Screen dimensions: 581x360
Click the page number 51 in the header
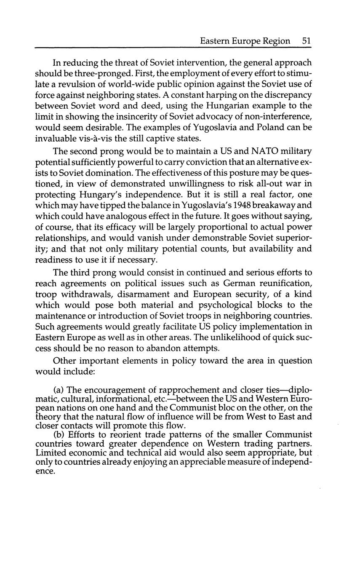(306, 41)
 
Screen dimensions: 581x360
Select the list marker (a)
(59, 390)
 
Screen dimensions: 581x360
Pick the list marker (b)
(59, 435)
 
